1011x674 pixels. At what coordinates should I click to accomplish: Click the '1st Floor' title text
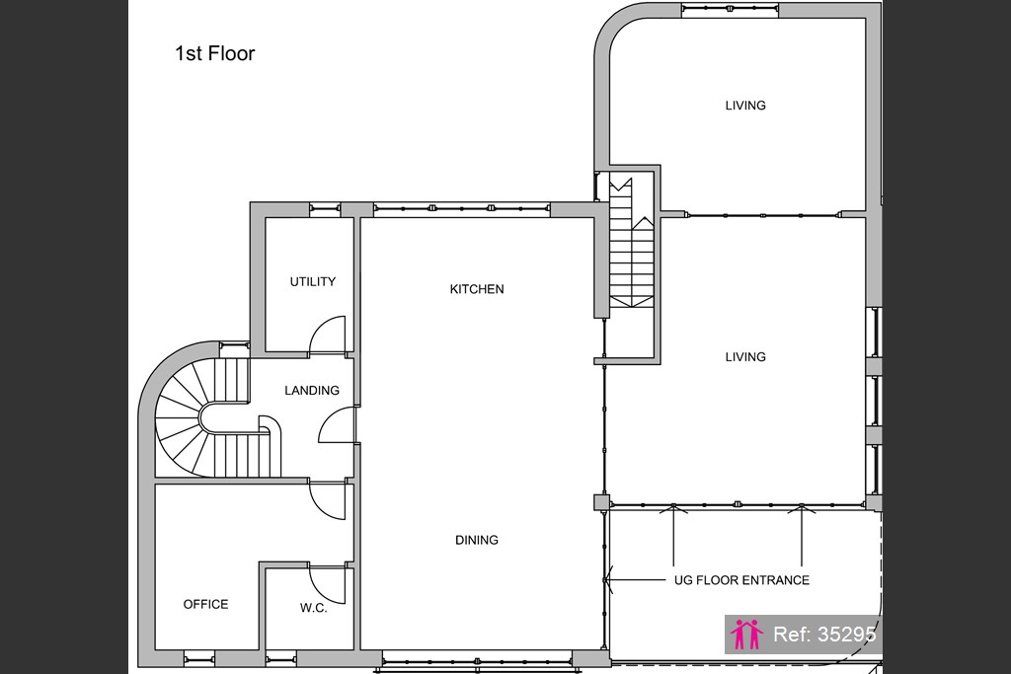point(214,53)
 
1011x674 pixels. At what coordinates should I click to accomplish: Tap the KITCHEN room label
point(477,289)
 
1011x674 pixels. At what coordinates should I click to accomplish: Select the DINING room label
point(477,540)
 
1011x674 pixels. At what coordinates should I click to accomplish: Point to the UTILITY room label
point(313,281)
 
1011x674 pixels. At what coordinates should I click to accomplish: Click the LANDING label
point(312,391)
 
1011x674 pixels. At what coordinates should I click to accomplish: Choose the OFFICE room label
point(205,604)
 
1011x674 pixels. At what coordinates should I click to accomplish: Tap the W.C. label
point(313,608)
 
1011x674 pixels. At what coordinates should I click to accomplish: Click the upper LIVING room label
point(745,106)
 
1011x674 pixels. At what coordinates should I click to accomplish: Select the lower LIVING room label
point(745,357)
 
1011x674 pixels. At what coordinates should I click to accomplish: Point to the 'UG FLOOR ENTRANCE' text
point(741,580)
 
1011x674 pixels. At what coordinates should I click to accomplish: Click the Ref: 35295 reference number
point(824,635)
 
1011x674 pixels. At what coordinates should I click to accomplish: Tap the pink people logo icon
point(746,635)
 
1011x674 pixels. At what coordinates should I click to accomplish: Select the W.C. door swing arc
point(328,585)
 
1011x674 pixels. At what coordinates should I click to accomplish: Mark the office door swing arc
point(328,500)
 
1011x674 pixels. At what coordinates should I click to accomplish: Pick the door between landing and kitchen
point(337,424)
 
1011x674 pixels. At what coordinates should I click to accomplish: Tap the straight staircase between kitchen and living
point(632,243)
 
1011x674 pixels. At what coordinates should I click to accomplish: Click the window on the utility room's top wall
point(324,207)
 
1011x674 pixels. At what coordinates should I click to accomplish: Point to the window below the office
point(199,658)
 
